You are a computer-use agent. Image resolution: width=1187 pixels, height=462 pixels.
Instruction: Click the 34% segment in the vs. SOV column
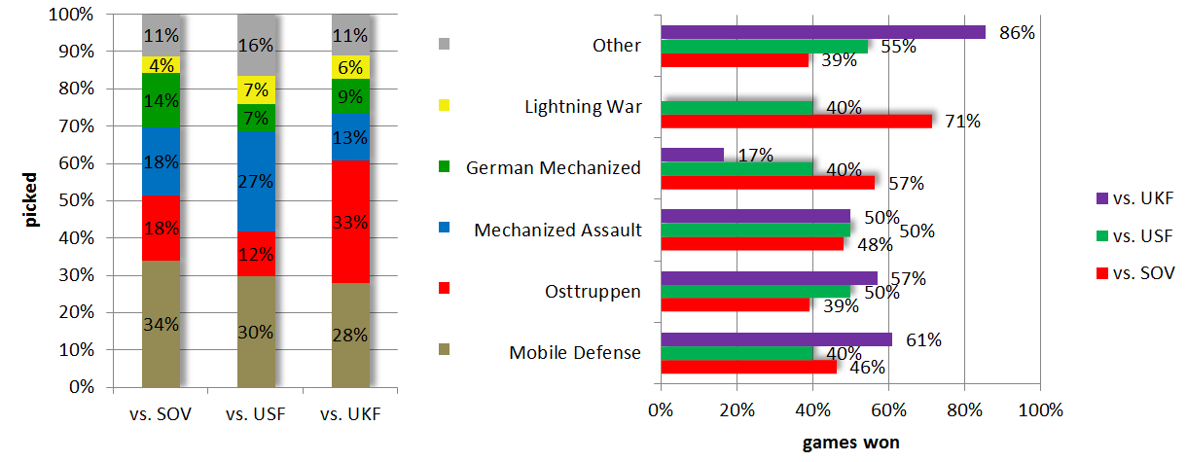click(161, 324)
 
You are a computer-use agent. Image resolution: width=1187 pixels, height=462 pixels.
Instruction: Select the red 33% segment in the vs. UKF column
click(350, 222)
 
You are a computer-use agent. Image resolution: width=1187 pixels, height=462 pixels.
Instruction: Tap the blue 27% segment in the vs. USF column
click(256, 182)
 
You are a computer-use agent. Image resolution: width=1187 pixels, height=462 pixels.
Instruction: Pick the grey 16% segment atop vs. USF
click(256, 45)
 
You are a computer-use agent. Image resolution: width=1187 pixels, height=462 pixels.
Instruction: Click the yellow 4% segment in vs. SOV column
click(161, 65)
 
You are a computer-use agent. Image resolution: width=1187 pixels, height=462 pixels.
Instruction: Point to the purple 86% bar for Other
click(822, 32)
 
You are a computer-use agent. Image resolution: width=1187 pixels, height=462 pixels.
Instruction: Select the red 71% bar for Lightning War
click(796, 121)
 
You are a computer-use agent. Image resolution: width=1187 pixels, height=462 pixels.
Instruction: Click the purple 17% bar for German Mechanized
click(692, 154)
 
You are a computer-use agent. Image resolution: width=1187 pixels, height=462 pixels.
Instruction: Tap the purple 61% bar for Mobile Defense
click(775, 338)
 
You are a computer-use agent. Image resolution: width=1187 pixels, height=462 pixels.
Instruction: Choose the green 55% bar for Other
click(764, 46)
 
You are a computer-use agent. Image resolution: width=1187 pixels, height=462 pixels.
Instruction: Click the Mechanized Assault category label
click(558, 231)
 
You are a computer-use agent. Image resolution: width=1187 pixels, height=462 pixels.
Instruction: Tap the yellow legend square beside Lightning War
click(445, 105)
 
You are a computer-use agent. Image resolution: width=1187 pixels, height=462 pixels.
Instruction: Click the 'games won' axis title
click(850, 443)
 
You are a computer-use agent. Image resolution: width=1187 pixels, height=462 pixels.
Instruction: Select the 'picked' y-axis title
click(32, 200)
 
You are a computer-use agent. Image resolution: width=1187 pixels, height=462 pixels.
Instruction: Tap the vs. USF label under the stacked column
click(256, 414)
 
